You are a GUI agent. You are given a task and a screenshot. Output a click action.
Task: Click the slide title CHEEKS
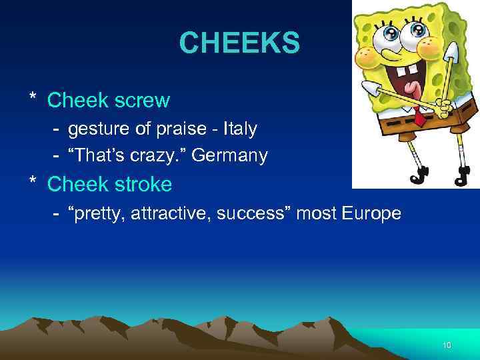[x=239, y=45]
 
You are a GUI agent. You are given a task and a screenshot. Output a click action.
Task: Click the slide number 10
[x=447, y=345]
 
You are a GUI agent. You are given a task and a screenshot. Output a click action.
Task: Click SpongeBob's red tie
[x=419, y=118]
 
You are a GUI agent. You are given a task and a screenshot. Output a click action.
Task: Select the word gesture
[x=98, y=129]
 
